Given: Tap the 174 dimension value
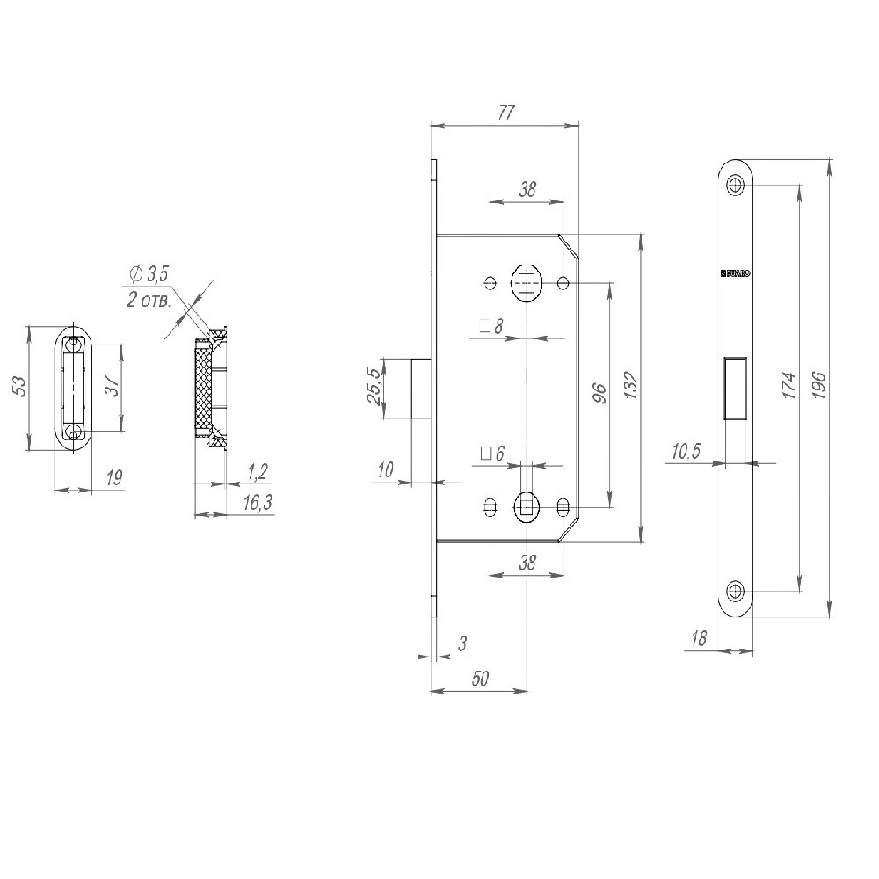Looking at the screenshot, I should (788, 386).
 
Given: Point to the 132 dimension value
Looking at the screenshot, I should (629, 386).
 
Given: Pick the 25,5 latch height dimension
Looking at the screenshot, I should (373, 387).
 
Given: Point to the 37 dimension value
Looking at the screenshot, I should (112, 388).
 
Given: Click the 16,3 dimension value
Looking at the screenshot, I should (256, 502).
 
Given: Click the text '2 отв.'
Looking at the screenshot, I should (149, 300).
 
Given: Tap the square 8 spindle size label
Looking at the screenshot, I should (491, 327).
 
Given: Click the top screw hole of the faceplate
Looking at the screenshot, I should (735, 185).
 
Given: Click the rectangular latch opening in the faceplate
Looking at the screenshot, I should (735, 388).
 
